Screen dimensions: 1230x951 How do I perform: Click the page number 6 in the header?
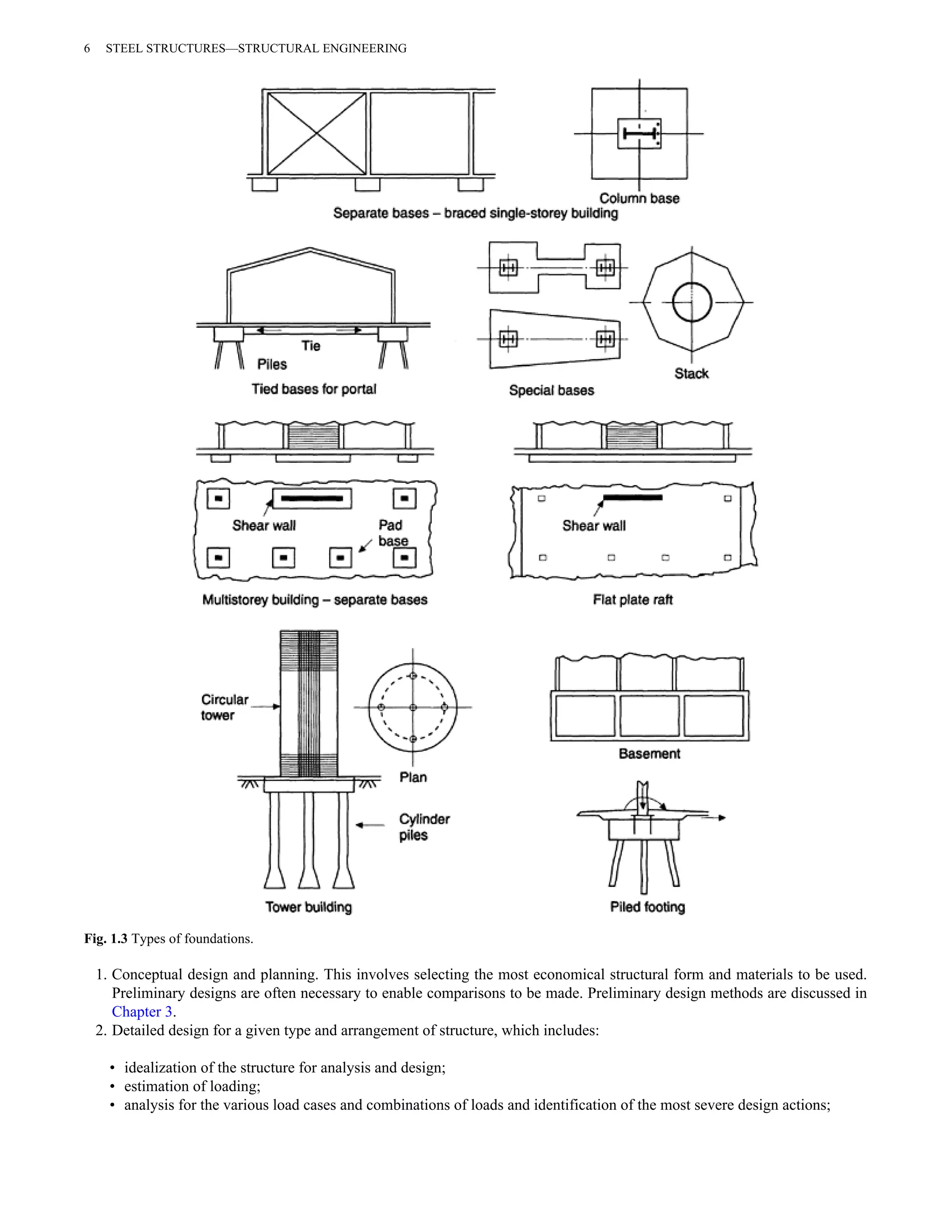pyautogui.click(x=87, y=48)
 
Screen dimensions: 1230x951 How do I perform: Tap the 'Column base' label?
pyautogui.click(x=639, y=198)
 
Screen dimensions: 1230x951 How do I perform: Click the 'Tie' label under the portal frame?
pyautogui.click(x=311, y=346)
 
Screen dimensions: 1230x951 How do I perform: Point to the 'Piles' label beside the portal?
pyautogui.click(x=272, y=364)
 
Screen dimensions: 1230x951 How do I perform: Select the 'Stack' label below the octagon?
pyautogui.click(x=691, y=373)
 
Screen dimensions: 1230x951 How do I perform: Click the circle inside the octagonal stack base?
pyautogui.click(x=692, y=303)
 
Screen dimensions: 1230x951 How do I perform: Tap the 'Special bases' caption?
pyautogui.click(x=551, y=390)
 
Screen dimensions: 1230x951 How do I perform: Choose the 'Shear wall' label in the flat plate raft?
pyautogui.click(x=594, y=525)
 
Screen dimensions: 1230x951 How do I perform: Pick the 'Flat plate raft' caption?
pyautogui.click(x=633, y=600)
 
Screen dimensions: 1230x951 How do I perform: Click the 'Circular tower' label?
pyautogui.click(x=224, y=707)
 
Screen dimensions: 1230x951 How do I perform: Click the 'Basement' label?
pyautogui.click(x=649, y=753)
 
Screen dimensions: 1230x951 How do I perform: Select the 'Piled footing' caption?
pyautogui.click(x=647, y=907)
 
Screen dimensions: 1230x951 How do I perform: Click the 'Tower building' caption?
pyautogui.click(x=308, y=907)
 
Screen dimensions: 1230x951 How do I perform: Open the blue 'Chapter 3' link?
pyautogui.click(x=142, y=1011)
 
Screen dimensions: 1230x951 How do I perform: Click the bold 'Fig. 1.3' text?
pyautogui.click(x=106, y=939)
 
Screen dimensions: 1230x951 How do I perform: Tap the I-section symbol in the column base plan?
pyautogui.click(x=639, y=134)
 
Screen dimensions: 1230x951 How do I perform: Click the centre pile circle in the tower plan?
pyautogui.click(x=413, y=707)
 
